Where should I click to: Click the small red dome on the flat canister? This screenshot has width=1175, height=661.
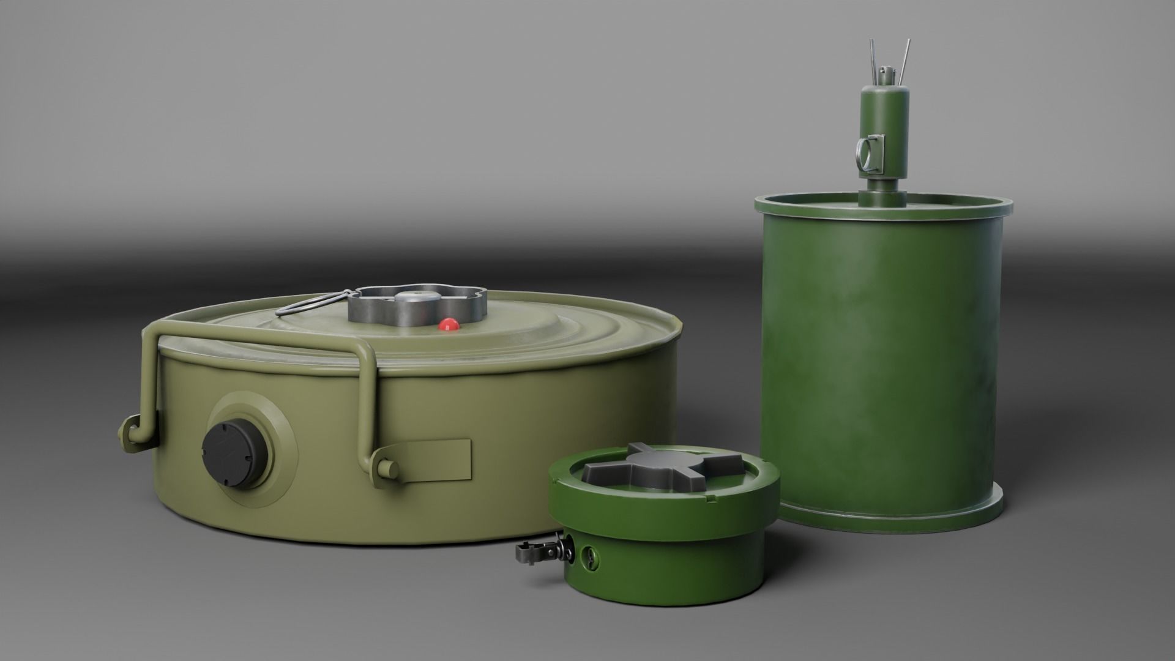point(450,324)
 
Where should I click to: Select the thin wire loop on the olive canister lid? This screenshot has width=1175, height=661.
point(306,305)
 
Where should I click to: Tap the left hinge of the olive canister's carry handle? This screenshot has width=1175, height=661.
point(130,429)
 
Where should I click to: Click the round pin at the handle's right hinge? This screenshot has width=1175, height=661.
point(389,469)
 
